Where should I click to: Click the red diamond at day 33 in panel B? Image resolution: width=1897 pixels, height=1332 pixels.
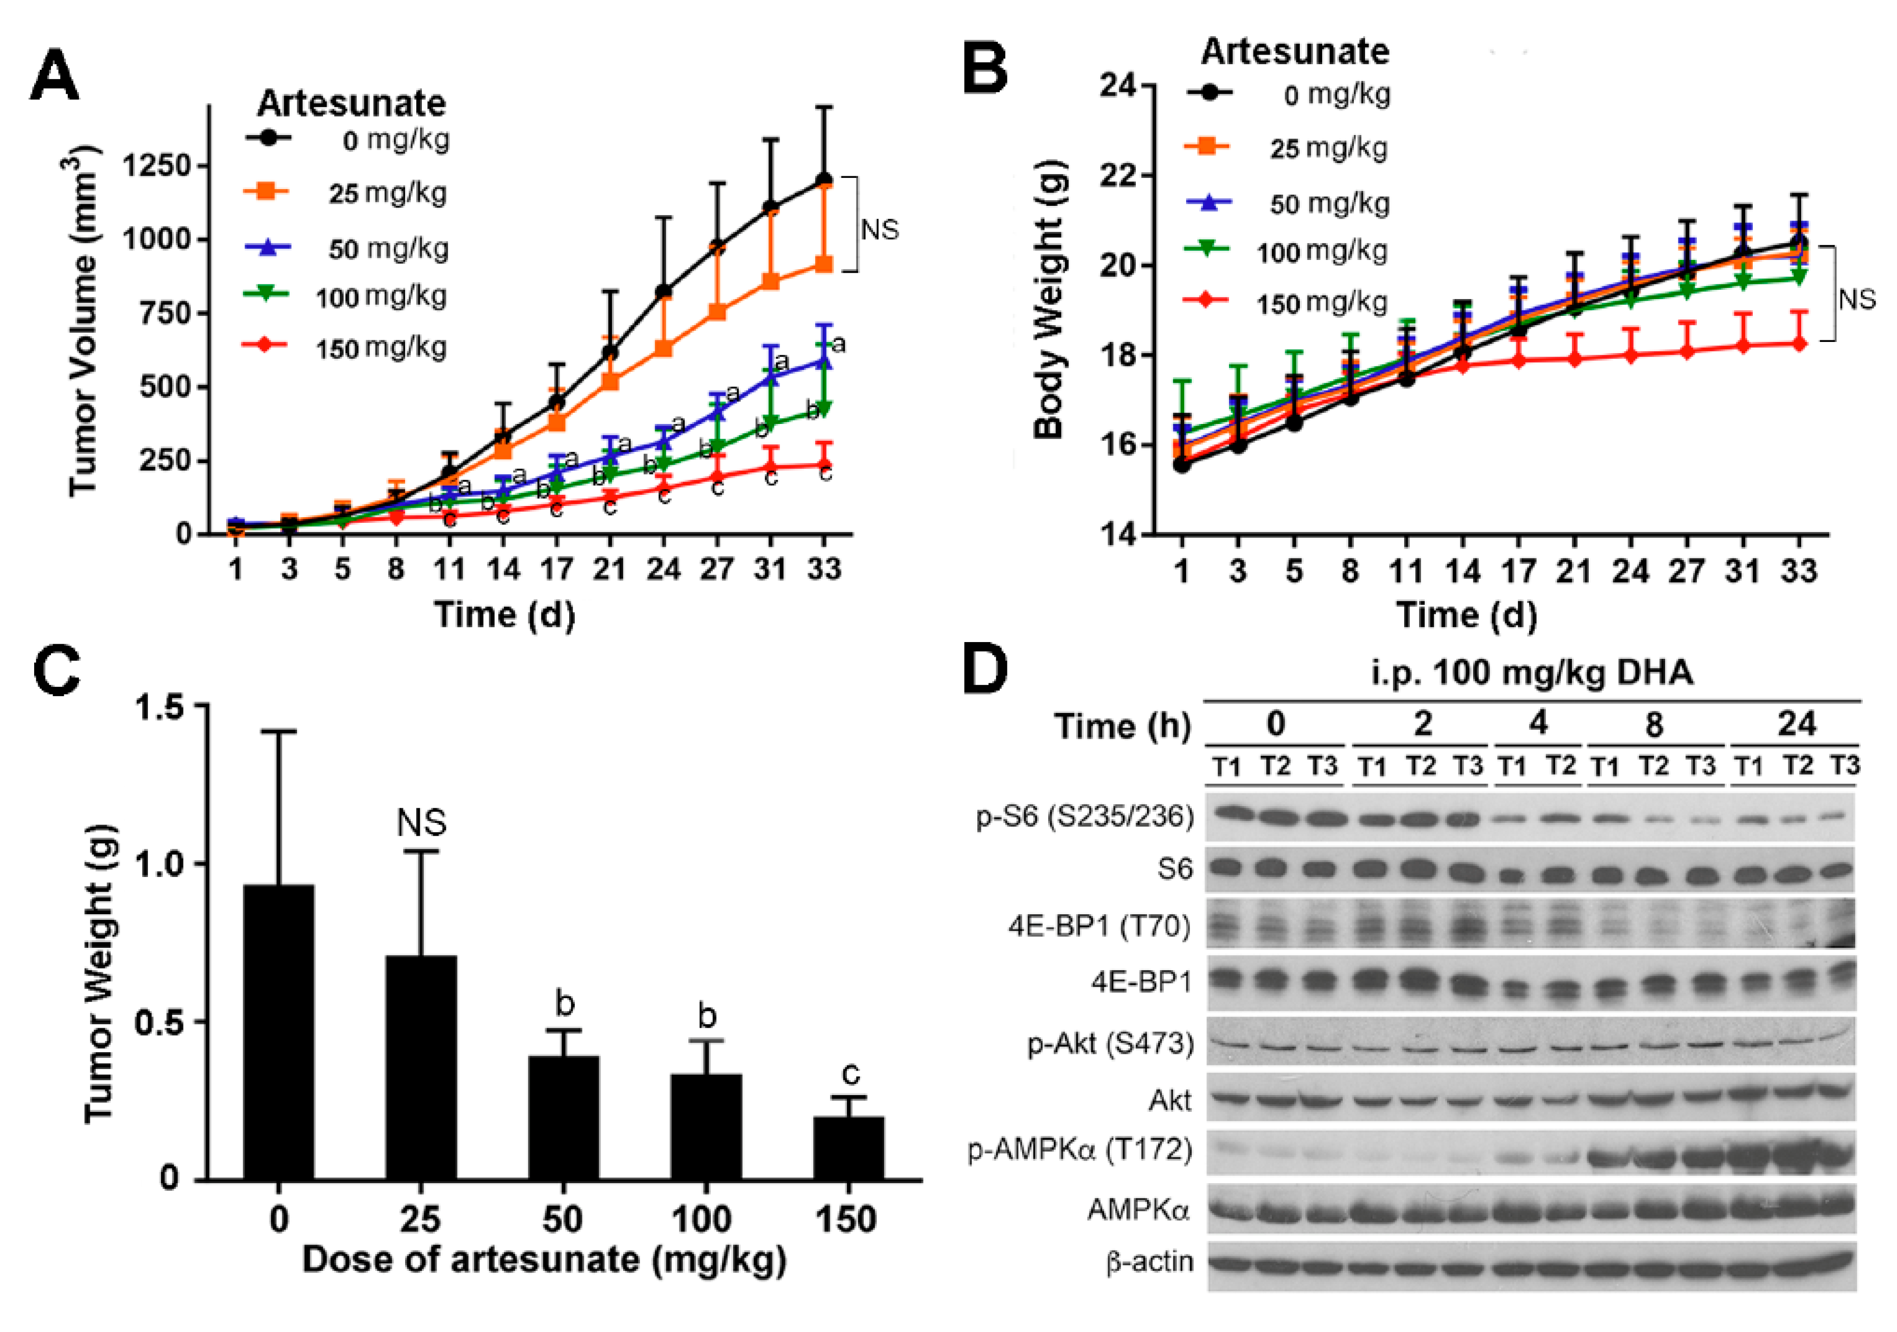click(x=1799, y=344)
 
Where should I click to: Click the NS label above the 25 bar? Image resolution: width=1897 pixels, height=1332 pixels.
click(x=421, y=823)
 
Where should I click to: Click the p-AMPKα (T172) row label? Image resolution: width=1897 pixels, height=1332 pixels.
click(x=1081, y=1150)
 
